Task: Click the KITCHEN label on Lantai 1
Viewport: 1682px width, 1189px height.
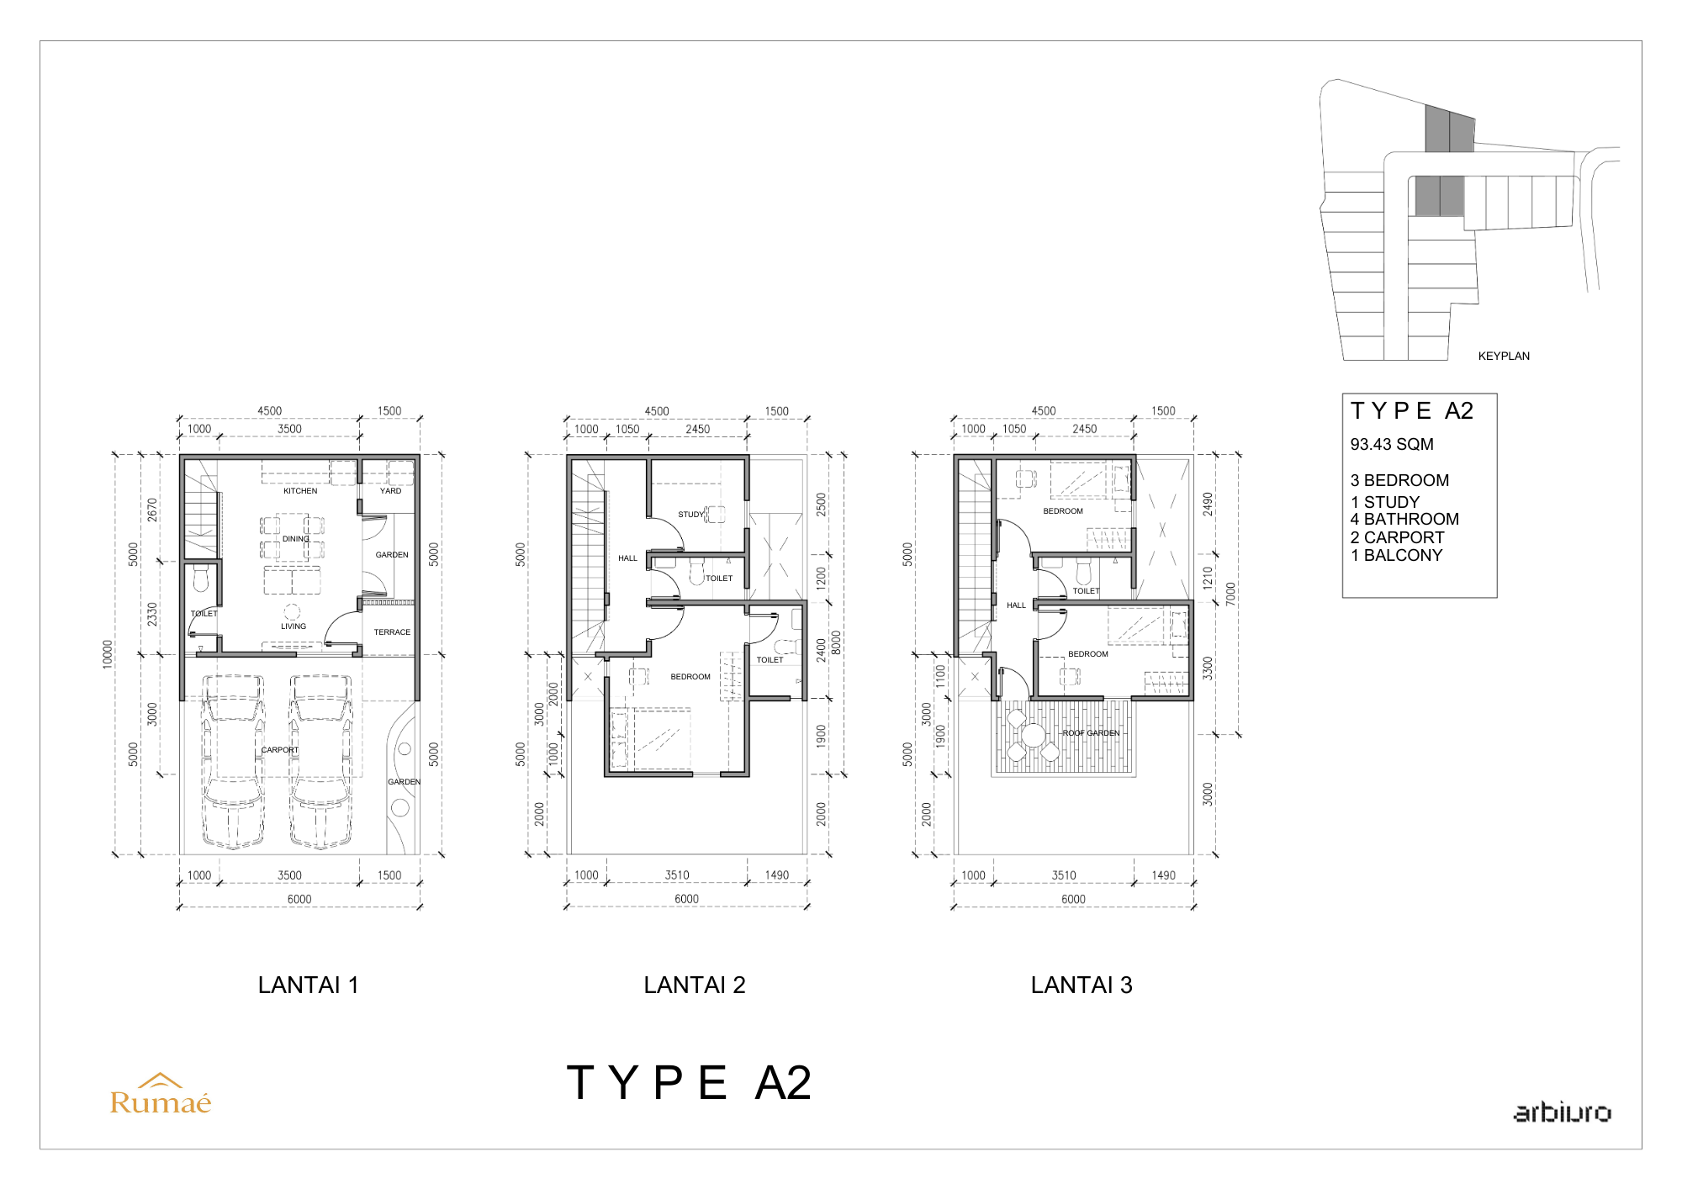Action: (300, 491)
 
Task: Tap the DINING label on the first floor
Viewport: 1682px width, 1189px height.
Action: (296, 539)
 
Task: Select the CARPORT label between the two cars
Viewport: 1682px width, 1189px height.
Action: (280, 750)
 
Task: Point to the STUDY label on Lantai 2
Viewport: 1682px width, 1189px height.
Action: (690, 515)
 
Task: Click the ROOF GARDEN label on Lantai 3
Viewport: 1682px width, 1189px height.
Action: (1091, 733)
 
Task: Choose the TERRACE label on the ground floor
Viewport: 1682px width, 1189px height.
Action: (392, 632)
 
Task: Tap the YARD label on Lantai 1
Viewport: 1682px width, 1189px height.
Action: (390, 491)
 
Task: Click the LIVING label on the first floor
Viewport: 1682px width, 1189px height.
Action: (294, 626)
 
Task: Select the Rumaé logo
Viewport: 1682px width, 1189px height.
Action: (161, 1094)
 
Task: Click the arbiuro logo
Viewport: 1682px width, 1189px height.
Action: (1563, 1112)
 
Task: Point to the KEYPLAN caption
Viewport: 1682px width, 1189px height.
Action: (1504, 357)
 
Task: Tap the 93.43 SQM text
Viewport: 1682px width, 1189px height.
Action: (1392, 445)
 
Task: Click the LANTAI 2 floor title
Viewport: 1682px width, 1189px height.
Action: (695, 986)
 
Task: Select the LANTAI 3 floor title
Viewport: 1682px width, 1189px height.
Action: (1082, 986)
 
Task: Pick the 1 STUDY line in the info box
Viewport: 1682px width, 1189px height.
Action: (1385, 502)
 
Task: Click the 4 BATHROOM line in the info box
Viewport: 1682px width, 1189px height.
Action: (1404, 520)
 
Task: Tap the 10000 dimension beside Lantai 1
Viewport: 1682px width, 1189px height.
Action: (108, 654)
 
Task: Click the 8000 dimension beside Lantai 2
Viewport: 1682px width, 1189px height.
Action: (836, 642)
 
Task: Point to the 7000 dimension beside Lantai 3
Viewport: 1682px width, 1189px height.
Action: (1231, 594)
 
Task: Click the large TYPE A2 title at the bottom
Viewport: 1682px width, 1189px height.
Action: (689, 1083)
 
